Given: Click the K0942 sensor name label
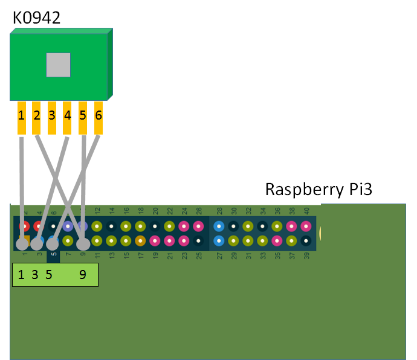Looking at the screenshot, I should pyautogui.click(x=36, y=18).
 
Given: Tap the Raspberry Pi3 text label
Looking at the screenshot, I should pyautogui.click(x=318, y=190).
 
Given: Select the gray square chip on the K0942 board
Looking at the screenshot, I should pyautogui.click(x=58, y=65).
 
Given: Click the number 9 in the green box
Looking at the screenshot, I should pyautogui.click(x=82, y=275).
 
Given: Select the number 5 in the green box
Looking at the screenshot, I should pyautogui.click(x=48, y=275).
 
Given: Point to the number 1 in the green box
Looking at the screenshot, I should pyautogui.click(x=22, y=275).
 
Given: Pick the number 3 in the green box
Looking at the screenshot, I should pyautogui.click(x=35, y=275).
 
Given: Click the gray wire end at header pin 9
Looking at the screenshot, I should pyautogui.click(x=83, y=244).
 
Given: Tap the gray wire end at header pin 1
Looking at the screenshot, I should pyautogui.click(x=22, y=244).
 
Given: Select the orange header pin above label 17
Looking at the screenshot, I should pyautogui.click(x=140, y=241).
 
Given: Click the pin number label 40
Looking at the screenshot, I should pyautogui.click(x=306, y=211).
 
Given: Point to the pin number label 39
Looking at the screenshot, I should pyautogui.click(x=306, y=256).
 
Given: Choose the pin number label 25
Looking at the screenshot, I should pyautogui.click(x=199, y=256).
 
